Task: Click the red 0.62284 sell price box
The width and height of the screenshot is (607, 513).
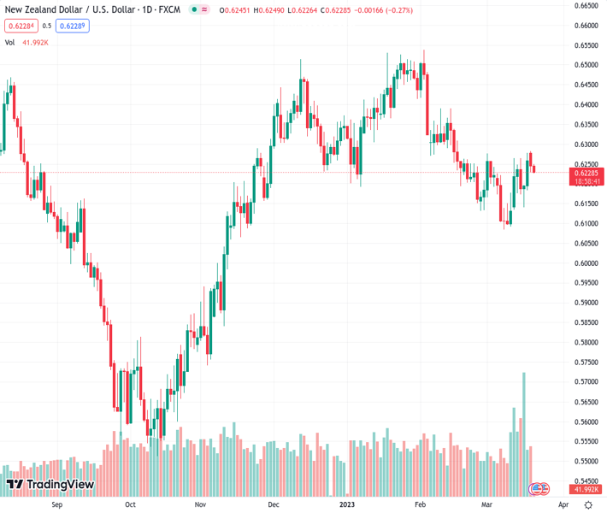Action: click(x=21, y=26)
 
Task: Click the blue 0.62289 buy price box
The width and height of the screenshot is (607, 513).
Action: click(x=74, y=26)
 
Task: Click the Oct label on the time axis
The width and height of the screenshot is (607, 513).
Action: click(x=130, y=504)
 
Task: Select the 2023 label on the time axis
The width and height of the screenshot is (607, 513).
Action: click(x=347, y=504)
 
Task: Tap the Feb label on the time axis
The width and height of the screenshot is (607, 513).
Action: click(x=420, y=504)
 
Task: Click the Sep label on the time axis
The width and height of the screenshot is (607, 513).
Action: click(x=57, y=504)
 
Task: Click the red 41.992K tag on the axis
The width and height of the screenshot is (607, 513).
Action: click(x=586, y=489)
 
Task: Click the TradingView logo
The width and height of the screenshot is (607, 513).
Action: click(x=50, y=485)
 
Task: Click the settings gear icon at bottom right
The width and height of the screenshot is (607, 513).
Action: click(x=588, y=504)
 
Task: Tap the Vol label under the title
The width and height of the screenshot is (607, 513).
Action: click(x=10, y=42)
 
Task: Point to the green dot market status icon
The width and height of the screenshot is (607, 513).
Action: click(x=194, y=10)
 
